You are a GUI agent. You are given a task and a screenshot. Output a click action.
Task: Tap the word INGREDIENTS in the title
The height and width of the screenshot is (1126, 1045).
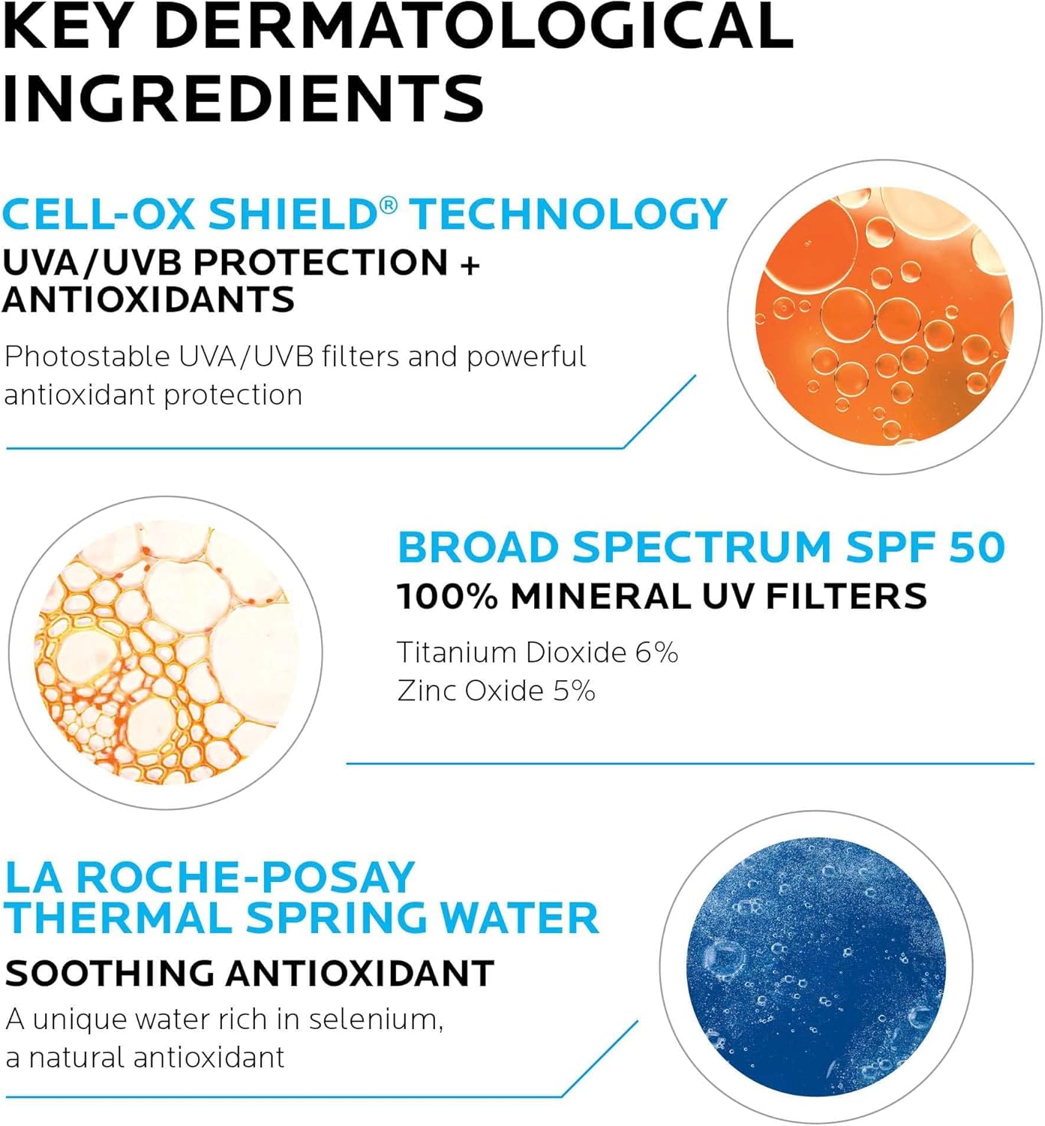click(x=244, y=98)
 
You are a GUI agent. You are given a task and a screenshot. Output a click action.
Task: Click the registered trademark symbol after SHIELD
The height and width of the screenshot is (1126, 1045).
click(x=388, y=204)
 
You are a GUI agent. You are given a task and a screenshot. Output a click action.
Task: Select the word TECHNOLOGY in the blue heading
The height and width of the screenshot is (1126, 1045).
click(x=569, y=215)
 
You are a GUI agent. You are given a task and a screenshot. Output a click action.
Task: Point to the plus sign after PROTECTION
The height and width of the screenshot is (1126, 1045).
click(x=470, y=264)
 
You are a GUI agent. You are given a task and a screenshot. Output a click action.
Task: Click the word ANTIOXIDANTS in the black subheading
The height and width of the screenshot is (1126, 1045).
click(x=149, y=300)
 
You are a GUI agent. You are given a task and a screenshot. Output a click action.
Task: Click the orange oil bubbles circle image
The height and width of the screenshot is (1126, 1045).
click(x=885, y=317)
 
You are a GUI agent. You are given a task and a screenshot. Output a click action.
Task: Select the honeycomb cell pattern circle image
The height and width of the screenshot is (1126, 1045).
click(x=166, y=652)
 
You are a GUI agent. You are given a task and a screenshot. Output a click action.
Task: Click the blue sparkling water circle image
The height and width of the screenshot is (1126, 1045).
click(x=816, y=966)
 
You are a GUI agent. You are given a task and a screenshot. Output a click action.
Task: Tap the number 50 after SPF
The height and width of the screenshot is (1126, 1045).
click(x=977, y=547)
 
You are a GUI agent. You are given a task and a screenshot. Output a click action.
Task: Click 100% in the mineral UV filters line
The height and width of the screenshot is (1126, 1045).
click(x=447, y=597)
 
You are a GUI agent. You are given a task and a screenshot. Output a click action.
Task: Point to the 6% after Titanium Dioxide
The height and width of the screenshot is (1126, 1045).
click(x=656, y=652)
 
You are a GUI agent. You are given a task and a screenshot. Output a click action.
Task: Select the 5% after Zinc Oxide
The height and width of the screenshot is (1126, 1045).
click(x=574, y=691)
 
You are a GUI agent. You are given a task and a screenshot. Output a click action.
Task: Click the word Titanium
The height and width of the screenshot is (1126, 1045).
click(x=457, y=652)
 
